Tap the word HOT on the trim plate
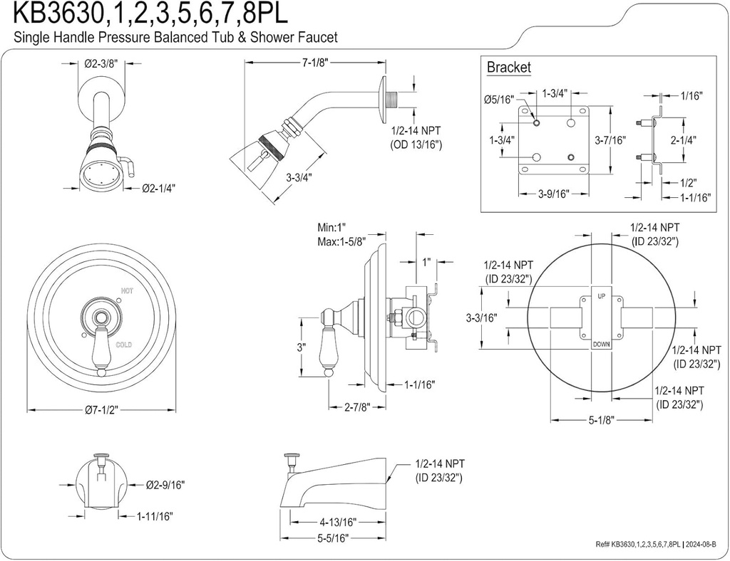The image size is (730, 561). point(127,290)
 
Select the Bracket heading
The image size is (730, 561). point(508,68)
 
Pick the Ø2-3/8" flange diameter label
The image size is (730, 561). point(101,63)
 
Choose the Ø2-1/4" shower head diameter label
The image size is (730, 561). point(158,189)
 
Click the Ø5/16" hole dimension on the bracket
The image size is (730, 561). point(498,100)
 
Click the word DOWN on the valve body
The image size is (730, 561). point(600,345)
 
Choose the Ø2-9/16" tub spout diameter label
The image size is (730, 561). point(165,485)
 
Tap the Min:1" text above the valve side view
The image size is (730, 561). point(333,228)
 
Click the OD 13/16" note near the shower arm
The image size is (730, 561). point(416,145)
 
